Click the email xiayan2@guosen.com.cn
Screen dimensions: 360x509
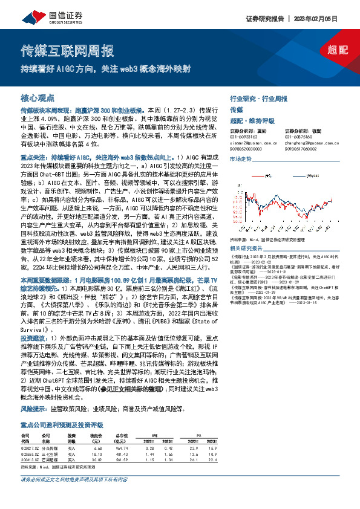coord(250,142)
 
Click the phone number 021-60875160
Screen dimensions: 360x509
coord(299,137)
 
